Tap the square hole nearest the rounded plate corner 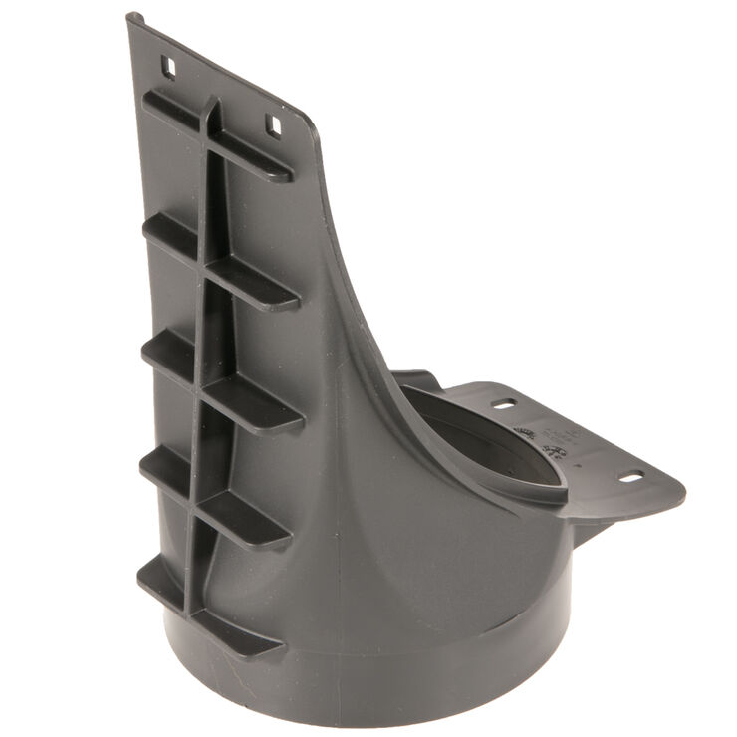[272, 123]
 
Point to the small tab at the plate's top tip [133, 18]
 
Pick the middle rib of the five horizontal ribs [224, 383]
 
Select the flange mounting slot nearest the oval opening [504, 404]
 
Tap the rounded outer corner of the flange [677, 488]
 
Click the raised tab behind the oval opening [418, 380]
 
